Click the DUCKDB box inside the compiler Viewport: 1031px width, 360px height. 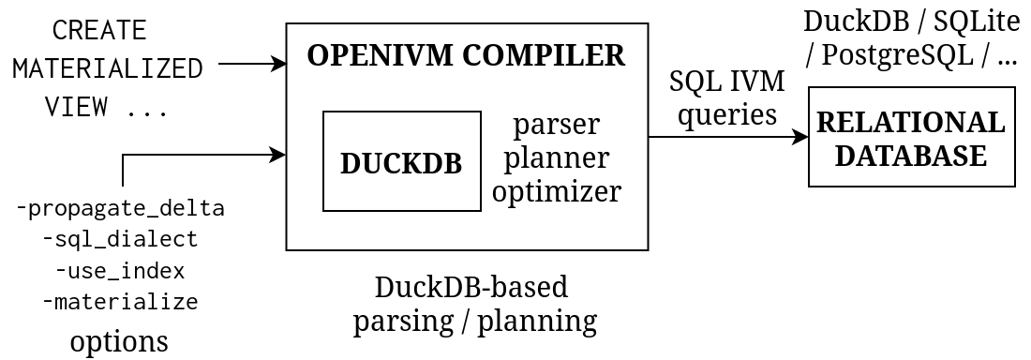point(401,162)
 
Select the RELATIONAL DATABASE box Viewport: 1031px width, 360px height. point(911,138)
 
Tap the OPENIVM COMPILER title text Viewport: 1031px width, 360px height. point(466,55)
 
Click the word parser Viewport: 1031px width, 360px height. point(557,124)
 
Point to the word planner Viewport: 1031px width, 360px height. point(557,157)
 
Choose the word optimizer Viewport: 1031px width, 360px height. point(557,191)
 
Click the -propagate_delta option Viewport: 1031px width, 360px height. point(121,208)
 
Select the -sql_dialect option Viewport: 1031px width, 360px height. point(121,239)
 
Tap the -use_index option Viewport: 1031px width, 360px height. point(120,271)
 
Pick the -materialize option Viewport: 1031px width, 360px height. point(120,302)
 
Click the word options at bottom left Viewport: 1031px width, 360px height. point(119,340)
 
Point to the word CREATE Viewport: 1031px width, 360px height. point(99,30)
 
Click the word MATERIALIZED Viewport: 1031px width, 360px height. point(108,68)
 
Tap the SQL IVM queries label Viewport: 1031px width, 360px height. point(726,97)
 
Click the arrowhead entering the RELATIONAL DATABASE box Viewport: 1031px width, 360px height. point(801,137)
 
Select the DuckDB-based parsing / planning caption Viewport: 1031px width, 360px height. point(474,304)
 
